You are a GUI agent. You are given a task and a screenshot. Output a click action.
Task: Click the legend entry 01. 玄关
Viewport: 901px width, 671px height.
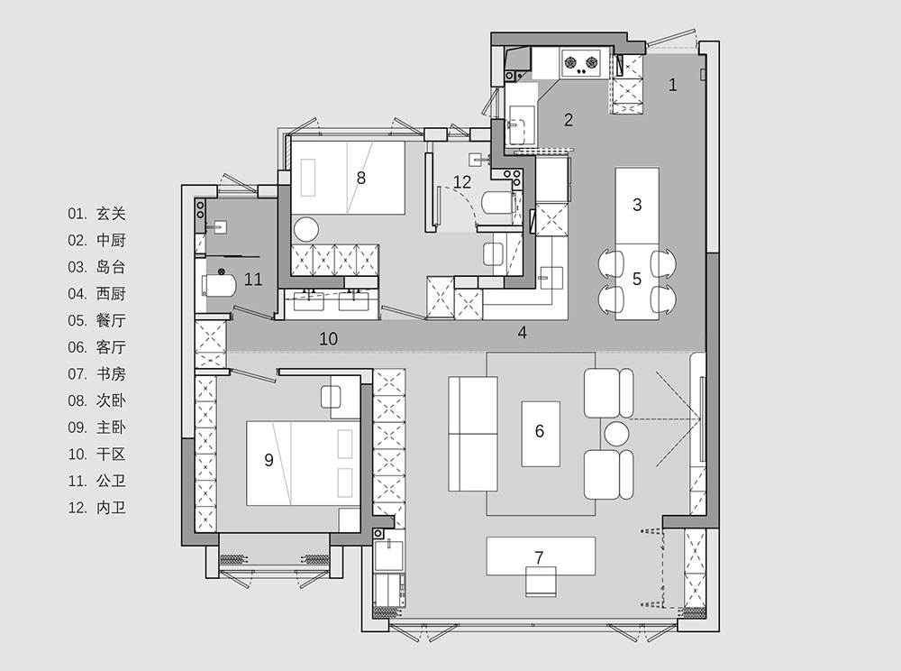click(x=96, y=214)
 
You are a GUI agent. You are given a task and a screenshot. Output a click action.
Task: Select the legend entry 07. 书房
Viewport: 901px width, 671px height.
click(x=96, y=374)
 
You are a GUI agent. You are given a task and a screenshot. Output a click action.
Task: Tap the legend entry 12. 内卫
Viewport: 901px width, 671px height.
click(x=96, y=508)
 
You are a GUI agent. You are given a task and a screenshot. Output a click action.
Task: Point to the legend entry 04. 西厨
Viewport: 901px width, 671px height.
click(x=96, y=294)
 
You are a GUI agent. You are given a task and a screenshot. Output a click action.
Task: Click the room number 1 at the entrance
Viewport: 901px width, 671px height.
click(x=672, y=85)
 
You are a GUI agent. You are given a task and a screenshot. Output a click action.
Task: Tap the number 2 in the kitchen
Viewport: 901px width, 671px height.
click(x=569, y=120)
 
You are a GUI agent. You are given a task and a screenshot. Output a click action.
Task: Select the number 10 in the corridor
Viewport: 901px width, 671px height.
click(x=329, y=339)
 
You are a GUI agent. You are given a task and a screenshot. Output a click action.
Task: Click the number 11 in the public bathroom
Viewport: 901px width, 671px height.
click(x=253, y=280)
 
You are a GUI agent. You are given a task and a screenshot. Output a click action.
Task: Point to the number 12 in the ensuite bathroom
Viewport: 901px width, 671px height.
click(x=462, y=182)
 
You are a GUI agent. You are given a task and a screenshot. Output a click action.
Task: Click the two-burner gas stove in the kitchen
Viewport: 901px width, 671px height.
click(x=580, y=63)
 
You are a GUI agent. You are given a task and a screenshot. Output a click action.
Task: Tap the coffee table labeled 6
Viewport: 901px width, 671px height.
click(x=540, y=434)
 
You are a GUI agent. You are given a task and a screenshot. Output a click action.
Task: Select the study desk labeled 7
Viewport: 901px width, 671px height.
click(x=541, y=556)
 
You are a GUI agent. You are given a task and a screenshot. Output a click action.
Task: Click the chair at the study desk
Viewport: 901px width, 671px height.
click(x=541, y=582)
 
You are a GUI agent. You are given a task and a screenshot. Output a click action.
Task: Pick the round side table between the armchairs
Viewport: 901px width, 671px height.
click(x=616, y=434)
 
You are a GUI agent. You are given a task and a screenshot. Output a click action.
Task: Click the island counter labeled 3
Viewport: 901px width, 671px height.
click(x=637, y=206)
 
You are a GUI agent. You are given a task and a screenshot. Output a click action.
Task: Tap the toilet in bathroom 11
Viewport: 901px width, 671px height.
click(x=219, y=285)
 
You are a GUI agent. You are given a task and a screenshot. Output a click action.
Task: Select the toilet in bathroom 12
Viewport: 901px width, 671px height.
click(x=497, y=202)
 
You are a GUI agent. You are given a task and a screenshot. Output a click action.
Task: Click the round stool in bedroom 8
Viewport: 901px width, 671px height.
click(x=306, y=229)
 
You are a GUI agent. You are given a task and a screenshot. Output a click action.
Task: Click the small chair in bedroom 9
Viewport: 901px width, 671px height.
click(x=331, y=397)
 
